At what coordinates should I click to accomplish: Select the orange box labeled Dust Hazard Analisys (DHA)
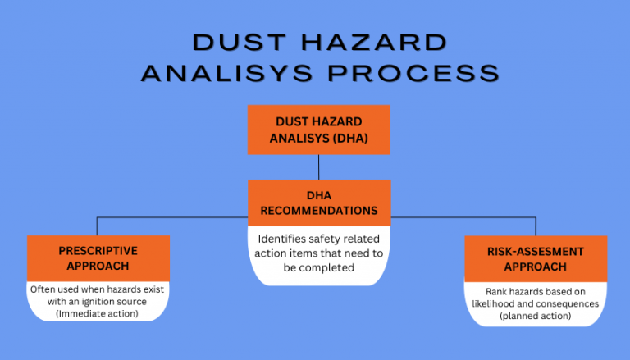point(318,130)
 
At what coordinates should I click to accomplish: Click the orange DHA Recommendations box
point(318,203)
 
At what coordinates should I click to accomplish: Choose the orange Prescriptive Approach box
point(98,258)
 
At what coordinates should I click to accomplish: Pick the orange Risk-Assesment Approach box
point(535,258)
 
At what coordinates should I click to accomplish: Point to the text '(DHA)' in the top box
point(349,138)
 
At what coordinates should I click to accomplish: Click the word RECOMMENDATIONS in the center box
point(319,211)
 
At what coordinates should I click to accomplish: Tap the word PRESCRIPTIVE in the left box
point(98,250)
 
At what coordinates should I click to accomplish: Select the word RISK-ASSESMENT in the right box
point(535,250)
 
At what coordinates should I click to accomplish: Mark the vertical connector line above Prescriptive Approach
point(98,226)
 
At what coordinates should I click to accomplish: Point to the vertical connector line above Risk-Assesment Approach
point(536,226)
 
